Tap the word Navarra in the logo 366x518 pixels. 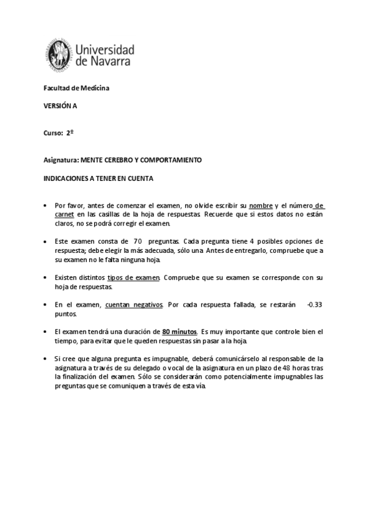click(x=112, y=62)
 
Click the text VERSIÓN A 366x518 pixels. click(x=60, y=105)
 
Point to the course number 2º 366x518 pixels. click(x=70, y=132)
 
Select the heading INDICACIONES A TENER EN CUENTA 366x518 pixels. click(x=98, y=178)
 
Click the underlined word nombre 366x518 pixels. click(x=261, y=206)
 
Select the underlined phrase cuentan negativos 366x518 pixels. click(x=134, y=304)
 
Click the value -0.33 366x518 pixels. click(x=315, y=304)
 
